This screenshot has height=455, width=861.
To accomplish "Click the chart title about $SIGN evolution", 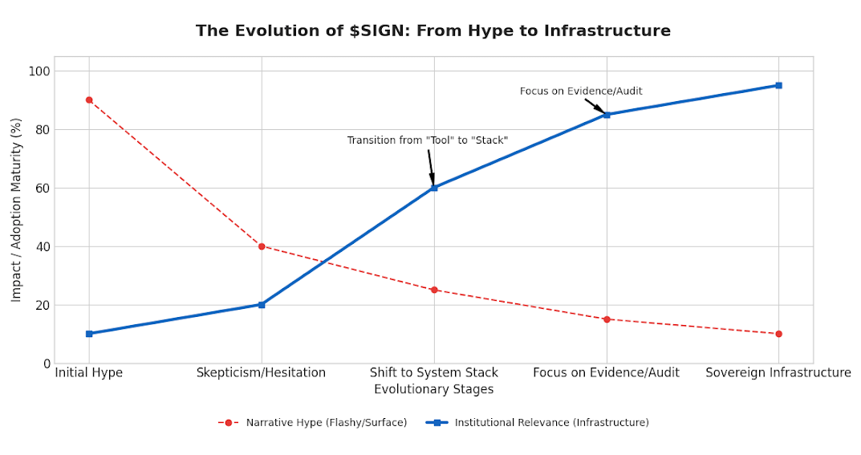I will click(433, 31).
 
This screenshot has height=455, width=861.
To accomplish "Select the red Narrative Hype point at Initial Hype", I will click(89, 100).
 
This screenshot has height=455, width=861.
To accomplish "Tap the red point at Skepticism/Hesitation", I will click(262, 246).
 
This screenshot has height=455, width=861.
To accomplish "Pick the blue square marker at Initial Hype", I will click(89, 334).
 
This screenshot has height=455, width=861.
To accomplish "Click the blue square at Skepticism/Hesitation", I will click(262, 305).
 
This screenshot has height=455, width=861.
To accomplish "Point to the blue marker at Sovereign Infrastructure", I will click(778, 86).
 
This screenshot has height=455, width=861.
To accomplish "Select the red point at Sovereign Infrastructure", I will click(778, 334).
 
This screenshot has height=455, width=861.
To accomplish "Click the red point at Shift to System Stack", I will click(434, 290).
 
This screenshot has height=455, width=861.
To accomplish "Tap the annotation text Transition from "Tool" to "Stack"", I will click(427, 140).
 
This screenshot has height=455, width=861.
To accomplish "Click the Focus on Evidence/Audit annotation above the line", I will click(581, 91).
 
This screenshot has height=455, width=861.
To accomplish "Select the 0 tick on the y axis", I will click(47, 364).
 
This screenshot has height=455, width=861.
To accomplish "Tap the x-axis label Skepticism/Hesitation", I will click(262, 373).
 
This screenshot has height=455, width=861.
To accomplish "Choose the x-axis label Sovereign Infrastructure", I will click(778, 373).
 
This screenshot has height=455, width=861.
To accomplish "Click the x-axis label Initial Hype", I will click(89, 373).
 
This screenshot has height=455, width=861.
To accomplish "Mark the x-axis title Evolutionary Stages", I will click(434, 390).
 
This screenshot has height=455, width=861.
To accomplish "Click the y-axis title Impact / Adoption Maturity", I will click(17, 210).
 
